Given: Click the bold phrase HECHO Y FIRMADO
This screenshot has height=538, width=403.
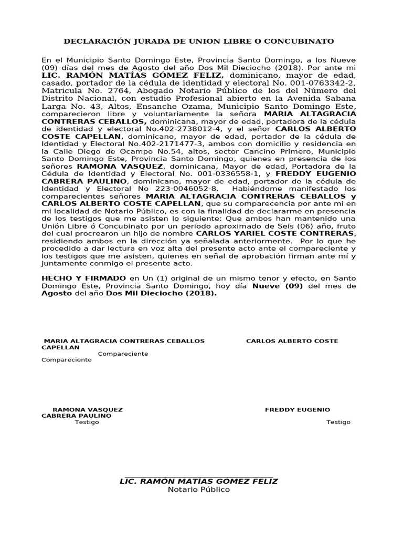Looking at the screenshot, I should pyautogui.click(x=83, y=278).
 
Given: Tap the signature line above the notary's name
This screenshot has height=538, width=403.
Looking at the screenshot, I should pyautogui.click(x=199, y=474).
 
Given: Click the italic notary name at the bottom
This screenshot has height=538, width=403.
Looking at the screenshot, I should pyautogui.click(x=199, y=481).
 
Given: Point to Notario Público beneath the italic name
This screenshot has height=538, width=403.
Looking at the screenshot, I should pyautogui.click(x=199, y=490).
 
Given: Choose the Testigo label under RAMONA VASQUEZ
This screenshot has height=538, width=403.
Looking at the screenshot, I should pyautogui.click(x=87, y=422).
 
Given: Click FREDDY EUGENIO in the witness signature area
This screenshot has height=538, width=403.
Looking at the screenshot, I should pyautogui.click(x=298, y=410).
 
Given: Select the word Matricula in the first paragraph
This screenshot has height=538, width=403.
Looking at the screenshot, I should pyautogui.click(x=59, y=90).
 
